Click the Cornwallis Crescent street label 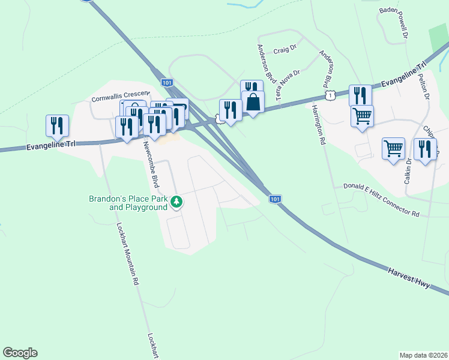coord(119,98)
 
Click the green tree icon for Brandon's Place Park coord(176,203)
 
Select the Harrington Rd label coord(318,124)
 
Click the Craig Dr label coord(285,50)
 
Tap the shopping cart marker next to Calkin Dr coord(393,148)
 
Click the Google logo coord(20,353)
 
